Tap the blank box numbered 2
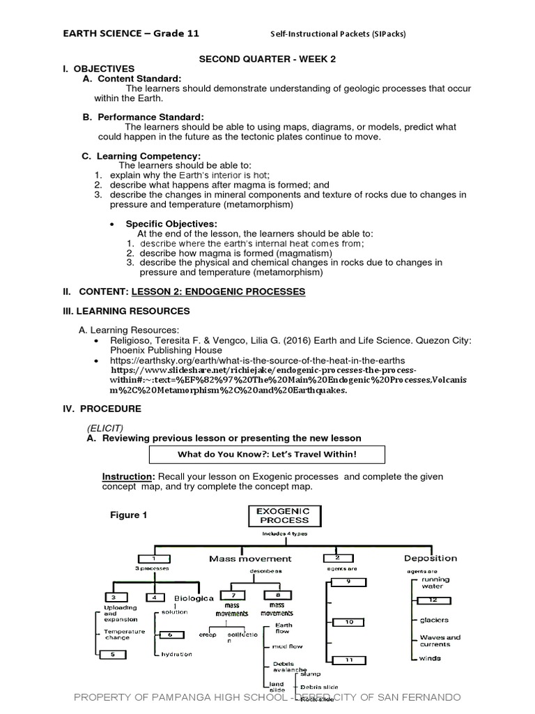[337, 559]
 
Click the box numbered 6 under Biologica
[171, 634]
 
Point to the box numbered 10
[349, 621]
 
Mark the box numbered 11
[349, 660]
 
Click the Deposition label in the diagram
[431, 559]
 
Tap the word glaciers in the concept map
[433, 619]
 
